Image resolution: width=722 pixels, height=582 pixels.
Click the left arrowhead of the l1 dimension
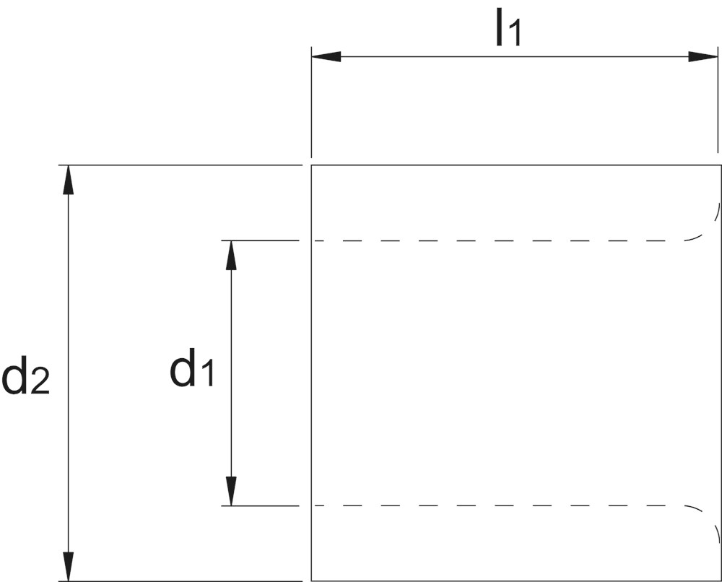[326, 56]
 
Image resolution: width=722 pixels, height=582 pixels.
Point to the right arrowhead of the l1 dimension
[703, 56]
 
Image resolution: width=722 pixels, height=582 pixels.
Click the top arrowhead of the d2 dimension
[68, 180]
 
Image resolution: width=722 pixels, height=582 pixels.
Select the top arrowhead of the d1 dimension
[231, 255]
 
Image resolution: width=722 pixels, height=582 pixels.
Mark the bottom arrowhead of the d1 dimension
[231, 491]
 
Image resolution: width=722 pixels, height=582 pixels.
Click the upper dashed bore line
[497, 240]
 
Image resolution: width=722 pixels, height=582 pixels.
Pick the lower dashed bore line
[497, 505]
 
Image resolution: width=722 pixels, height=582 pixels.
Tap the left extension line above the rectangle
[311, 103]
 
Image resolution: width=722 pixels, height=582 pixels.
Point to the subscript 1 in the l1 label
[514, 34]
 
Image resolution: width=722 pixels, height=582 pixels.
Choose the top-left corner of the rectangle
[311, 165]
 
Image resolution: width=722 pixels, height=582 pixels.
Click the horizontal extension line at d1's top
[260, 240]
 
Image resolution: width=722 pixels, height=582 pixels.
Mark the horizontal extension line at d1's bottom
[260, 505]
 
